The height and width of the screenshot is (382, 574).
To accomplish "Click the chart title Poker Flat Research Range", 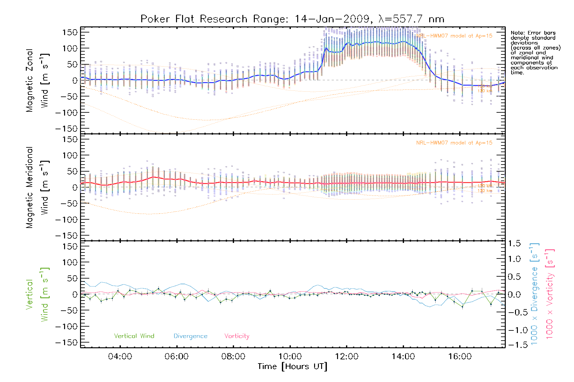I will tap(292, 19).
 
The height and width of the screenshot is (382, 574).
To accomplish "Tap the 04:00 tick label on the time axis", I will tap(120, 357).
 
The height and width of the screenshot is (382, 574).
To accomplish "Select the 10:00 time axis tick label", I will tap(290, 357).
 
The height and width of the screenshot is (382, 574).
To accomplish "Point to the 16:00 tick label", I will tap(460, 357).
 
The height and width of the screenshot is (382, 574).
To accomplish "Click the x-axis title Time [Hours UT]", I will tap(292, 366).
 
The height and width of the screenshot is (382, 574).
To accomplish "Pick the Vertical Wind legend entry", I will tap(134, 336).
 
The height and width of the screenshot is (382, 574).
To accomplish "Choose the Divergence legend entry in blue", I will tap(190, 336).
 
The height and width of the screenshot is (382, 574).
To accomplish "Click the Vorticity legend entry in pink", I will tap(237, 336).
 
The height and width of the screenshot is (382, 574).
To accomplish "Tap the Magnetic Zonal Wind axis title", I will tap(38, 80).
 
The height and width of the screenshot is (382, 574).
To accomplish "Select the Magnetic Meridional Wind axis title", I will tap(38, 187).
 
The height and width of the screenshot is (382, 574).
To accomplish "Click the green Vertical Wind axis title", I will tap(38, 294).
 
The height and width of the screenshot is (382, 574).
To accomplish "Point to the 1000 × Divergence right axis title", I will tap(534, 294).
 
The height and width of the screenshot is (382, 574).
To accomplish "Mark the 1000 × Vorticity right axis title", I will tap(550, 294).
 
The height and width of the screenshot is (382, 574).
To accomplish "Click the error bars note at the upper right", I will tap(535, 53).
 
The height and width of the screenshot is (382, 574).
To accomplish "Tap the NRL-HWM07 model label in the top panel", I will tap(454, 36).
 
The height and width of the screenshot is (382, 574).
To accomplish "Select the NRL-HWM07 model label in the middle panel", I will tap(454, 143).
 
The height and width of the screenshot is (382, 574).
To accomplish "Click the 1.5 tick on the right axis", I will tap(514, 244).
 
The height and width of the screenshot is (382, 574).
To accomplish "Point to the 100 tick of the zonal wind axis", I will tap(70, 48).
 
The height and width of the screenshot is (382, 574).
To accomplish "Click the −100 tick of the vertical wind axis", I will tap(66, 327).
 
